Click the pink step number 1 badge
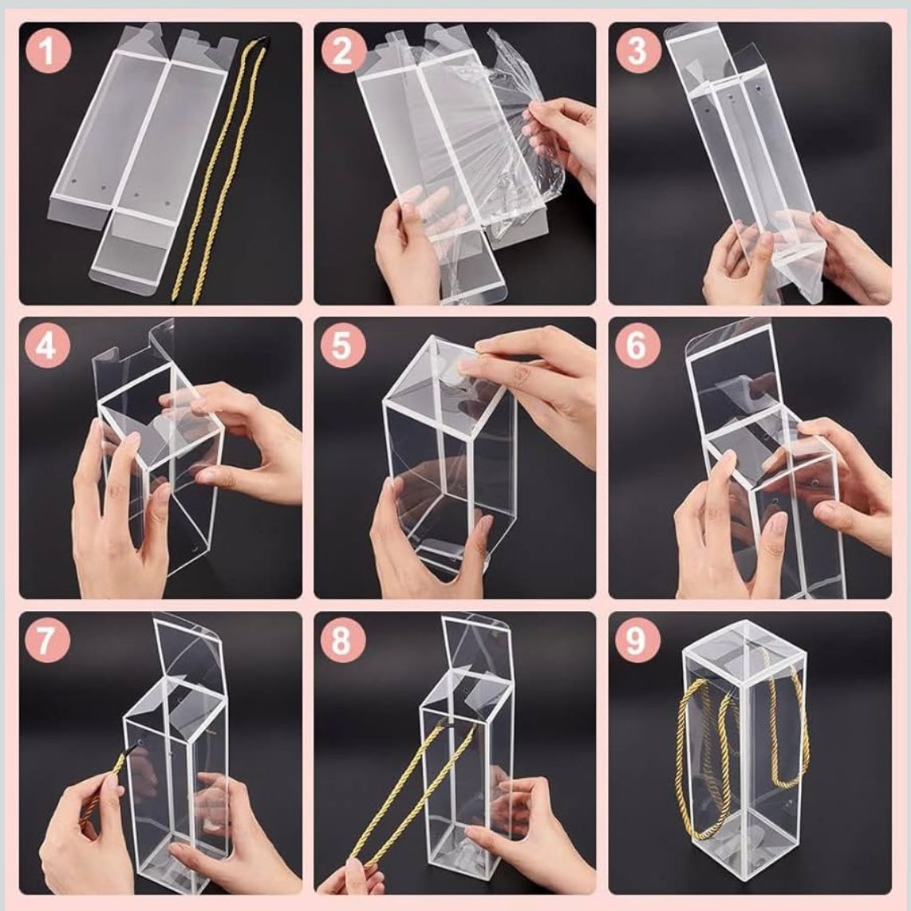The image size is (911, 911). click(48, 50)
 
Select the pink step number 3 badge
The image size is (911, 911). click(637, 50)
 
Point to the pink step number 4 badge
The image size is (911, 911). click(47, 345)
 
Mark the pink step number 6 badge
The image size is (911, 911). click(637, 345)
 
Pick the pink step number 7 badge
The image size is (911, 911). click(47, 640)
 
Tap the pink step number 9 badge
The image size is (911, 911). click(637, 640)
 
